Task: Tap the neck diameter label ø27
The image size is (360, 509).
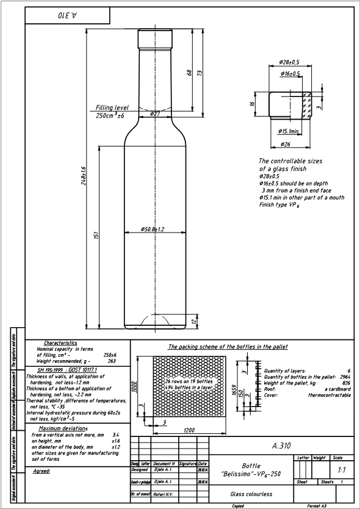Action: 154,114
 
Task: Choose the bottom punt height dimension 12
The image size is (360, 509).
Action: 195,321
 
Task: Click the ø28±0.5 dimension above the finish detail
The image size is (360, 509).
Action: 289,62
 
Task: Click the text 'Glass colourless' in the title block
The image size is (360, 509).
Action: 250,494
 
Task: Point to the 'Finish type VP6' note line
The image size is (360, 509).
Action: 284,205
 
